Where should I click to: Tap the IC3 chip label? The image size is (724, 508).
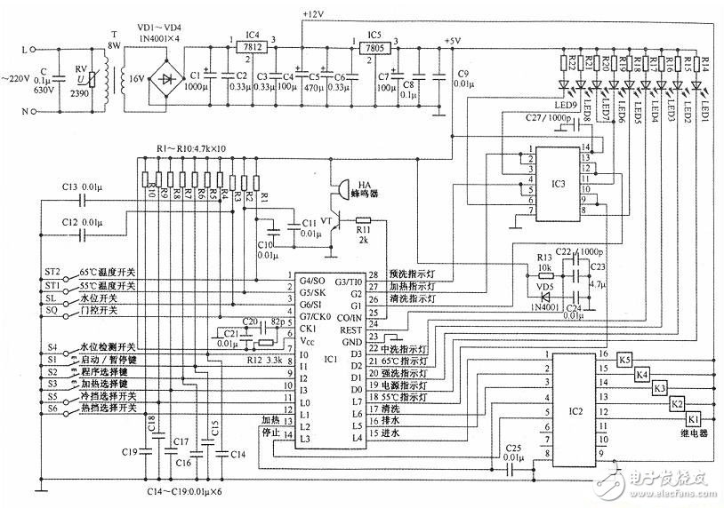(x=558, y=184)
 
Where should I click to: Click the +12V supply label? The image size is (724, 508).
(x=314, y=15)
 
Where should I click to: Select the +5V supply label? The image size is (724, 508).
(x=452, y=41)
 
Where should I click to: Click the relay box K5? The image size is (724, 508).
(x=624, y=360)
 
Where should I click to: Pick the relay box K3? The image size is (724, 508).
(x=660, y=388)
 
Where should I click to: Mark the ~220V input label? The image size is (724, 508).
(x=16, y=80)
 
